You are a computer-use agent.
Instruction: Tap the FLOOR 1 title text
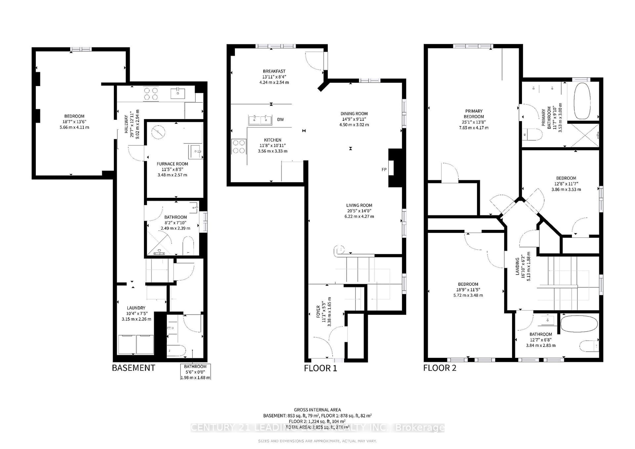tap(320, 368)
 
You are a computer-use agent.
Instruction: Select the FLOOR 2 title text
tap(440, 368)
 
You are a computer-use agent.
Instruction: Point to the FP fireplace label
tap(384, 169)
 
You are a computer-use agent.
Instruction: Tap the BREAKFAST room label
tap(274, 71)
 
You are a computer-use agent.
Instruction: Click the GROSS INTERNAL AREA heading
tap(317, 410)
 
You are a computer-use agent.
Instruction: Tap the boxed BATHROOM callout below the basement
tap(195, 372)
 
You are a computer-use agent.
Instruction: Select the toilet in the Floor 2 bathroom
tap(588, 346)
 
